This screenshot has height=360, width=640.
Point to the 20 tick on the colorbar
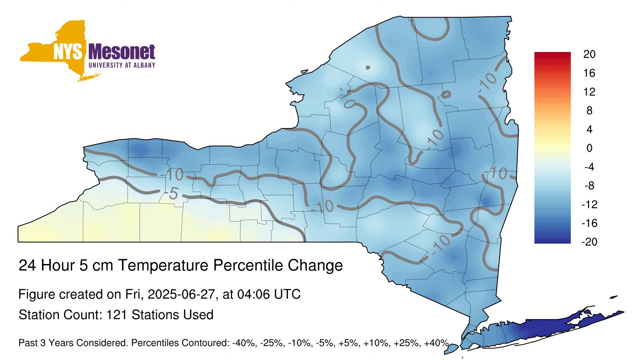(589, 54)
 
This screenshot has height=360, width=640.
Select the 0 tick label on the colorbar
(589, 148)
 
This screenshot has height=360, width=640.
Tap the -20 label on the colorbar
(589, 242)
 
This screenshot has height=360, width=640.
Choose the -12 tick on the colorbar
(589, 204)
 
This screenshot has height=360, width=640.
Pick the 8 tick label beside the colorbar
(589, 110)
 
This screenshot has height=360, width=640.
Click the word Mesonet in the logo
(122, 52)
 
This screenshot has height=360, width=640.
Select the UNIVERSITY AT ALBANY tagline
(122, 65)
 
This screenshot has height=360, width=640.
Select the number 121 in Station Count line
(116, 315)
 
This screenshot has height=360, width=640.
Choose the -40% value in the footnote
(244, 343)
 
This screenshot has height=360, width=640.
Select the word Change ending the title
(315, 266)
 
